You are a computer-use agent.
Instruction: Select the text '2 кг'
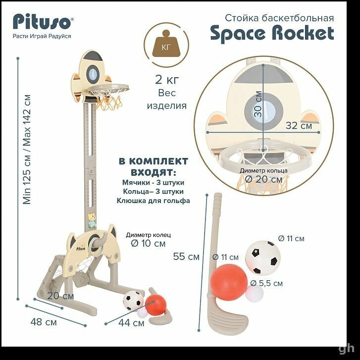click(167, 79)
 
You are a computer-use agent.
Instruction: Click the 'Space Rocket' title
click(272, 34)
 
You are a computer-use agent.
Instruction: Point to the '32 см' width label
click(299, 126)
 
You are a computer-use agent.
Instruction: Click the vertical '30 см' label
click(258, 104)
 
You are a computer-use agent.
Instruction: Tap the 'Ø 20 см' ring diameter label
click(263, 179)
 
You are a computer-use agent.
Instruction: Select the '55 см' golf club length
click(186, 257)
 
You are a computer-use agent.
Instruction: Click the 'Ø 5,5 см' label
click(266, 283)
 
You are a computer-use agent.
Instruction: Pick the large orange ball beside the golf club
click(229, 282)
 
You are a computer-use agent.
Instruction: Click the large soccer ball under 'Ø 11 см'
click(263, 257)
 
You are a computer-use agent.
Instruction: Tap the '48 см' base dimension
click(44, 322)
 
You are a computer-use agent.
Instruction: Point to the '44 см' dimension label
click(131, 323)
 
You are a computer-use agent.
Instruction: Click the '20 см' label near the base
click(60, 296)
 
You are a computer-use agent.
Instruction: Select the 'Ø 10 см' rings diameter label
click(148, 243)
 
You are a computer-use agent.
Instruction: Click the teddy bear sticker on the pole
click(92, 220)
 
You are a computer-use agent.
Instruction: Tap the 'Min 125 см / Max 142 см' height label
click(27, 150)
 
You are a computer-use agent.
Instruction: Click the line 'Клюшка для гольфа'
click(153, 201)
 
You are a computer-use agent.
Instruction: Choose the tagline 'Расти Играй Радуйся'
click(42, 36)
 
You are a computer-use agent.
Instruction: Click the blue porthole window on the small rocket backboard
click(93, 74)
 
